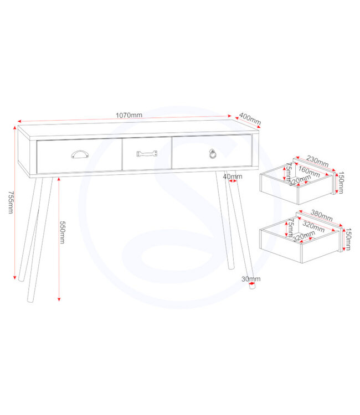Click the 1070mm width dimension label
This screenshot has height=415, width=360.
tap(129, 115)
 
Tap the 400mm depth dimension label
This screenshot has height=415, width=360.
tap(250, 118)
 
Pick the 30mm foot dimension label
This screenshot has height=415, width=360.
tap(250, 279)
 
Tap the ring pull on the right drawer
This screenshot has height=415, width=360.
tap(213, 153)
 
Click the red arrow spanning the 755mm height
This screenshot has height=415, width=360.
tap(14, 203)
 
